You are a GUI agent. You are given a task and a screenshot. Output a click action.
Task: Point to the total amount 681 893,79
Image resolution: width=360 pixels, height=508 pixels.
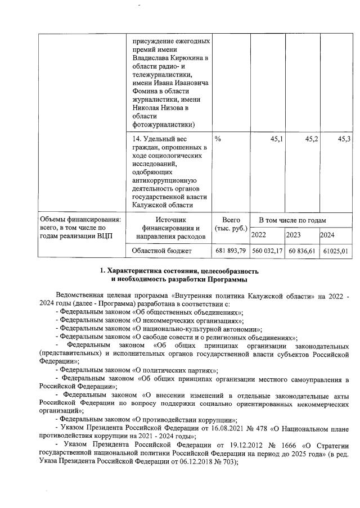click(x=231, y=251)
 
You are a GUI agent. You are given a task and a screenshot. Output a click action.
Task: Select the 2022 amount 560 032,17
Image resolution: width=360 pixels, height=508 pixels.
click(x=267, y=251)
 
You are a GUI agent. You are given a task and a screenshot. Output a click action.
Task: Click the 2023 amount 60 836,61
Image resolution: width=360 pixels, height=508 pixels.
click(x=302, y=251)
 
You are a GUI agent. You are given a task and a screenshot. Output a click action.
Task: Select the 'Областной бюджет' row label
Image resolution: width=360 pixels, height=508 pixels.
click(x=162, y=251)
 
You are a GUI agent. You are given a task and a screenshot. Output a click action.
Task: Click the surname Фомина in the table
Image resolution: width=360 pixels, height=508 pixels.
click(x=146, y=91)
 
